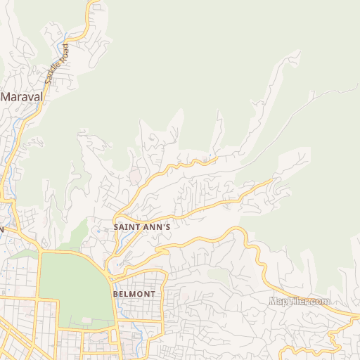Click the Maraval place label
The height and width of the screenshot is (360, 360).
22,96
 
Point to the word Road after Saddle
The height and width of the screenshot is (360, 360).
65,51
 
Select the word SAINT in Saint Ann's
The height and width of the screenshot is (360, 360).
127,227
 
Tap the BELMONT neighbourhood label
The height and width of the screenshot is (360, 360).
134,293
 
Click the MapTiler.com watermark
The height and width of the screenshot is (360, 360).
300,301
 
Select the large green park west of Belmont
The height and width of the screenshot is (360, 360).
76,288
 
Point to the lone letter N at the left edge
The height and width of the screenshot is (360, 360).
2,229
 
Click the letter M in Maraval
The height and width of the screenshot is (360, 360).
6,96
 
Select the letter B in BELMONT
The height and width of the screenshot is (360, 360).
115,293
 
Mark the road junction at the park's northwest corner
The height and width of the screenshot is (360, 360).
42,251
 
